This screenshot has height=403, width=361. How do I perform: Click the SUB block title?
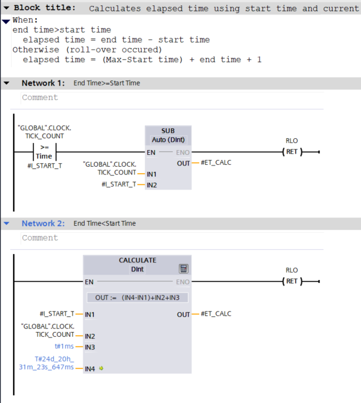tap(168, 130)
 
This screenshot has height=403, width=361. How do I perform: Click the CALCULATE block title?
tap(137, 260)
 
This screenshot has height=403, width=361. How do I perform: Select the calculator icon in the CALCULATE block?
tap(184, 268)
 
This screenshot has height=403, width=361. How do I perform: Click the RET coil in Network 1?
tap(292, 152)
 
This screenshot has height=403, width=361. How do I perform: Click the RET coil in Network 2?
tap(292, 281)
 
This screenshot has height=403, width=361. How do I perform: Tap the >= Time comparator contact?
tap(44, 152)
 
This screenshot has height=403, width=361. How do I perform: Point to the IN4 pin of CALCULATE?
tap(90, 368)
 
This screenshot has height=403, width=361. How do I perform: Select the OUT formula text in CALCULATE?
tap(137, 297)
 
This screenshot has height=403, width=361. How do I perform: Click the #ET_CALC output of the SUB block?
tap(216, 162)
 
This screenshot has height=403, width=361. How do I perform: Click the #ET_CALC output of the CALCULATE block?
tap(216, 314)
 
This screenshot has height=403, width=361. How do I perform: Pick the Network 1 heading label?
tap(42, 83)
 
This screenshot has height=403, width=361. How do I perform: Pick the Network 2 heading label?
tap(42, 223)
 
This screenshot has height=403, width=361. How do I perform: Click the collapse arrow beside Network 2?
tap(6, 224)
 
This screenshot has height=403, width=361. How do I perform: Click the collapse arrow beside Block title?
tap(6, 8)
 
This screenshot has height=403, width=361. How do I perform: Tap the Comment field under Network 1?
tap(40, 97)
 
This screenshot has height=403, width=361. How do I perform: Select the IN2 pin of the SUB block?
tap(151, 185)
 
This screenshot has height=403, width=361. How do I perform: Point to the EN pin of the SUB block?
tap(151, 152)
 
